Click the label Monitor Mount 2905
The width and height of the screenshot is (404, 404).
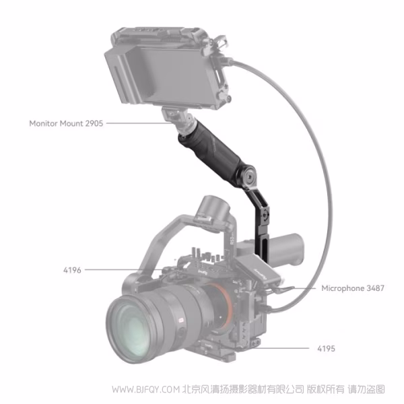66,124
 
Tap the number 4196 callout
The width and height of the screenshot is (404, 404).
72,270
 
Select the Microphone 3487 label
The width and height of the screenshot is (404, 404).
353,288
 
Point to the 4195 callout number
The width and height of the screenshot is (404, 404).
326,349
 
